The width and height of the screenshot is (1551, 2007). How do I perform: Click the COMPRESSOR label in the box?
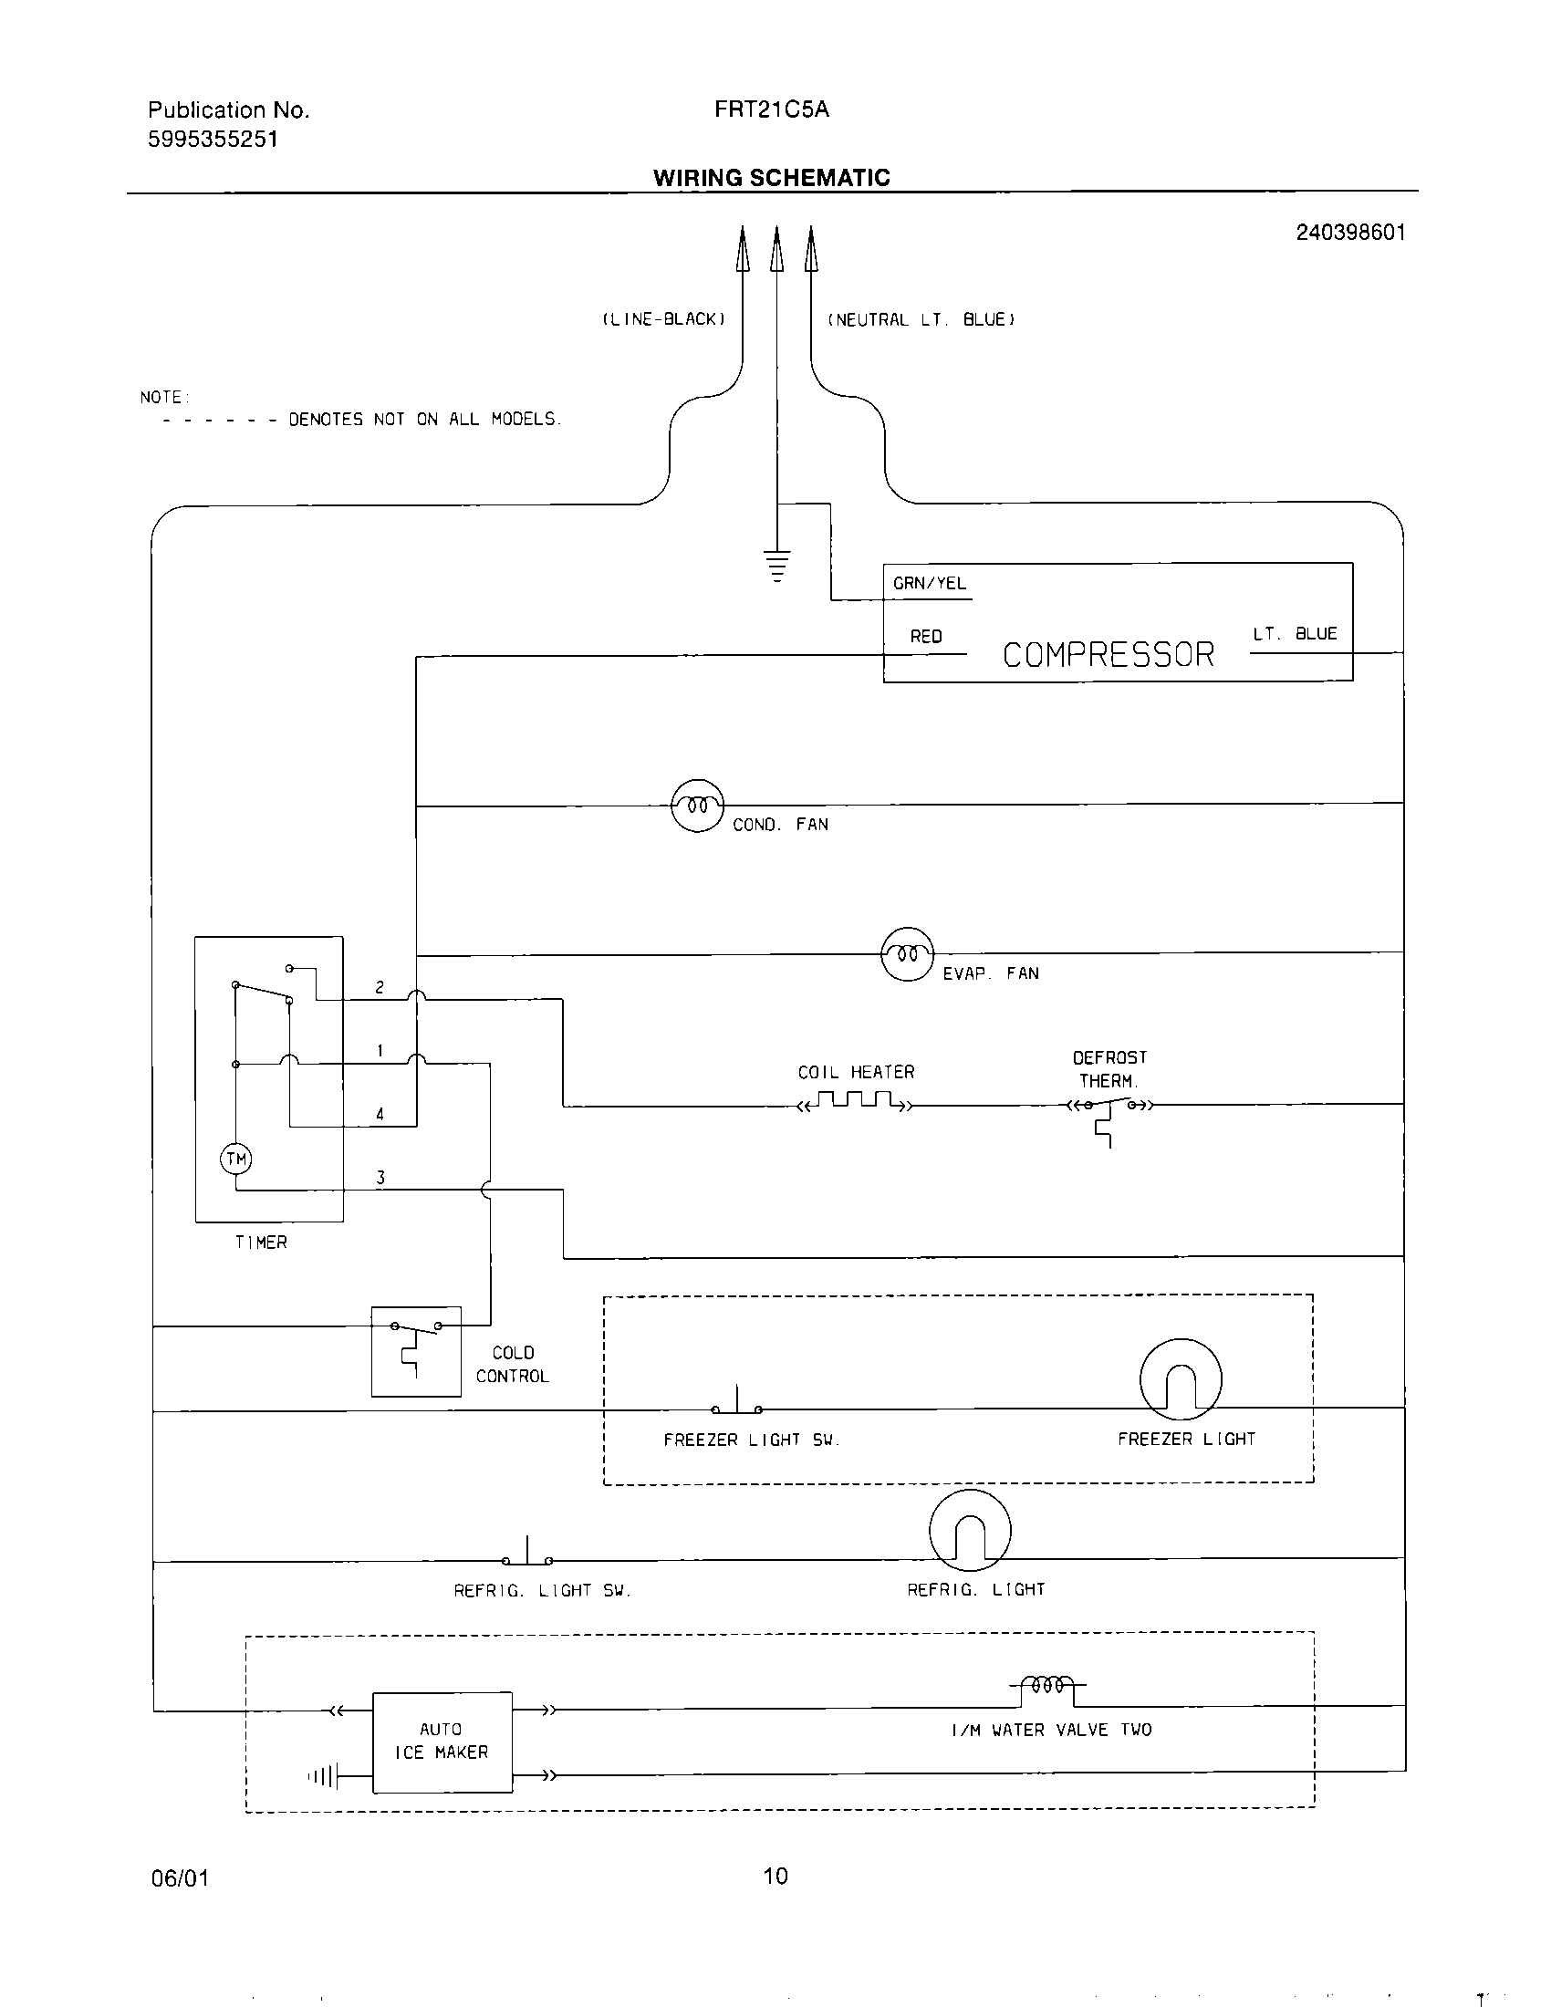(1109, 654)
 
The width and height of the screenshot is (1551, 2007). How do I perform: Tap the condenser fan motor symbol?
(698, 806)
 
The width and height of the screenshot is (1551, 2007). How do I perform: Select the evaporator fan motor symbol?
(907, 954)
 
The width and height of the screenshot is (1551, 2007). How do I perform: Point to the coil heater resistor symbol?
(856, 1101)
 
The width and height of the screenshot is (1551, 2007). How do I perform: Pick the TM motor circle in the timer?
(236, 1159)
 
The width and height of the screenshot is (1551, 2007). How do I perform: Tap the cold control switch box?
(416, 1351)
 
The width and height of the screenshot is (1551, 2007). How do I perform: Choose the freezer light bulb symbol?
(1181, 1379)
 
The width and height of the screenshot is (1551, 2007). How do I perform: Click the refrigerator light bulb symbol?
(971, 1531)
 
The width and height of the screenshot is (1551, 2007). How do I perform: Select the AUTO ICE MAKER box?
(442, 1742)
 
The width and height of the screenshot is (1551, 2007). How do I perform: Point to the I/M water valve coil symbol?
(1047, 1685)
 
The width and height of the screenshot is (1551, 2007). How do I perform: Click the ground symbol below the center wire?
(777, 566)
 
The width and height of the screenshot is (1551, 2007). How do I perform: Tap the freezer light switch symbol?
(737, 1403)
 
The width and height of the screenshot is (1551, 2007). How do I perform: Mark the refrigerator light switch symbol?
(527, 1554)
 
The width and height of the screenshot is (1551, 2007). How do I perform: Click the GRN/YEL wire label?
(929, 584)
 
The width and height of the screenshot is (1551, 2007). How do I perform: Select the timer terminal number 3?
(380, 1177)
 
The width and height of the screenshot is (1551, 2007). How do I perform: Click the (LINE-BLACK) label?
(663, 320)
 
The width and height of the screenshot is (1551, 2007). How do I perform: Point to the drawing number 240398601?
(1350, 233)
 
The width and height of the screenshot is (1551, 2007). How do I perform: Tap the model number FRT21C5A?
(772, 109)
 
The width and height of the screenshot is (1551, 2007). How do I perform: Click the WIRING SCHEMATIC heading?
(772, 177)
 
